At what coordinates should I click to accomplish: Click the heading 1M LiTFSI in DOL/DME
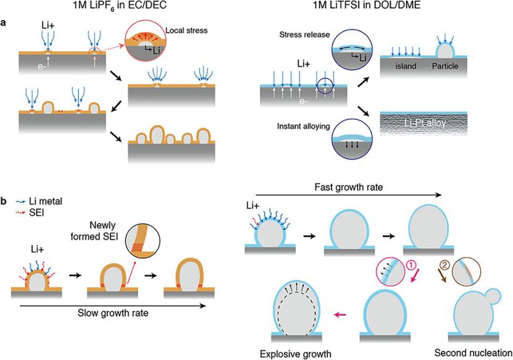367,5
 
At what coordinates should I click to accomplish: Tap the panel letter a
4,23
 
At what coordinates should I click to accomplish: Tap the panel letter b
4,201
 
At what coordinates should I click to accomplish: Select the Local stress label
186,30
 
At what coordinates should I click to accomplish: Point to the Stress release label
304,35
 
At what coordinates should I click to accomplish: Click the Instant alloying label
303,127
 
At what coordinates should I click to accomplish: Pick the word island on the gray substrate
406,66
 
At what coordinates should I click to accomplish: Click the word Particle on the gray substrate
445,66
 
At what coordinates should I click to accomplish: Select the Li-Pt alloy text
425,123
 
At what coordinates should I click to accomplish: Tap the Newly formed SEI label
94,231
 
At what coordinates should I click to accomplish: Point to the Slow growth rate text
113,313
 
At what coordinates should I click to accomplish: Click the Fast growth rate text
348,187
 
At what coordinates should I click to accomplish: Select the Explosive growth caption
296,354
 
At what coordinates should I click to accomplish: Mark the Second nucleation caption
473,353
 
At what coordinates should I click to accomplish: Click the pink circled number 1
411,266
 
